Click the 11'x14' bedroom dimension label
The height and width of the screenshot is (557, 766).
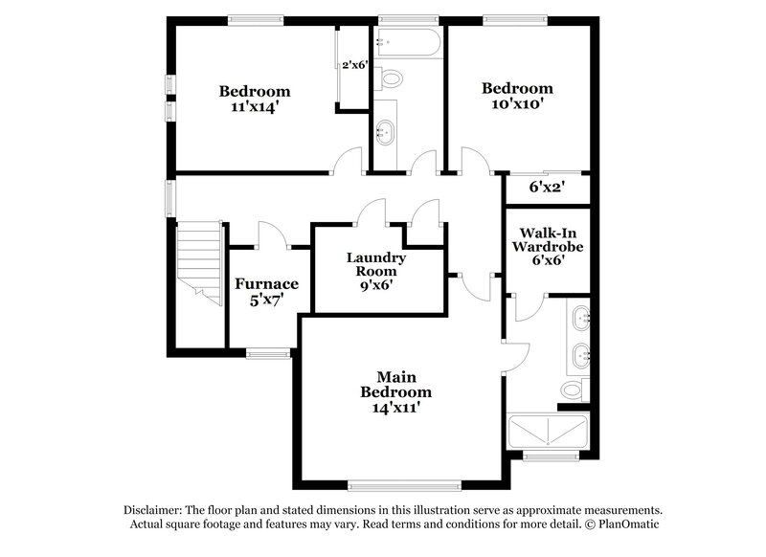[254, 107]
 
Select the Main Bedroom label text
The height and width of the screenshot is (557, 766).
[395, 385]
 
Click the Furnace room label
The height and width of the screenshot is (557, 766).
[267, 283]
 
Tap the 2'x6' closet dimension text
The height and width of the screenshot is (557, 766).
[355, 65]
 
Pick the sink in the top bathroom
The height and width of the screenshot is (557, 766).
[387, 132]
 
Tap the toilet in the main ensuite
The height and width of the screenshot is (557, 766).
[574, 389]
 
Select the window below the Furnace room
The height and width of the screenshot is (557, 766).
[268, 354]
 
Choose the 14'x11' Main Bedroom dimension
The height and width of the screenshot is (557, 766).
[395, 408]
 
